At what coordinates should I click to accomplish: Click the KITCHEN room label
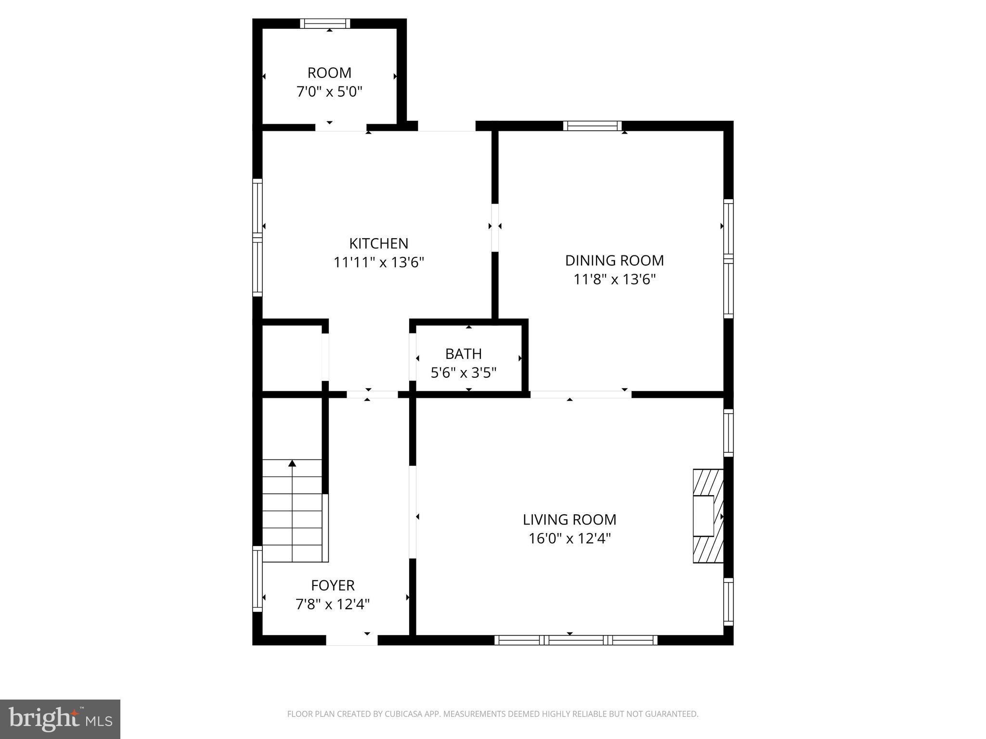(378, 243)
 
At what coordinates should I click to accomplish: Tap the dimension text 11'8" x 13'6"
(614, 280)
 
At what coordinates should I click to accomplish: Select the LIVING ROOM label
(569, 520)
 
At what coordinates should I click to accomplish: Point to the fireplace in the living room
(708, 516)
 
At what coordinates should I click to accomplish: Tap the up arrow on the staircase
(292, 463)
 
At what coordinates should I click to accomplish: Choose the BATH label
(463, 354)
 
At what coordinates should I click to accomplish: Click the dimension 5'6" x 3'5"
(463, 373)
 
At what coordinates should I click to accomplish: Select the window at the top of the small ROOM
(325, 24)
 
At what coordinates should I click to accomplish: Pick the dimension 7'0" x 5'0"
(329, 91)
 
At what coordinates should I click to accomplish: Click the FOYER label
(333, 586)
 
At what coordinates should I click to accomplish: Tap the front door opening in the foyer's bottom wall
(352, 640)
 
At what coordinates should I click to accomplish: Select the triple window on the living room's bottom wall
(576, 640)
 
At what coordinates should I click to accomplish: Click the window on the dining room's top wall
(592, 126)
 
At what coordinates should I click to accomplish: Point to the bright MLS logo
(60, 719)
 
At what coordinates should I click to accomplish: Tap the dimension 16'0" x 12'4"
(569, 538)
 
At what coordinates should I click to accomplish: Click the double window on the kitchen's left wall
(258, 238)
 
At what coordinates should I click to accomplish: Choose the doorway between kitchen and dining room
(494, 228)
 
